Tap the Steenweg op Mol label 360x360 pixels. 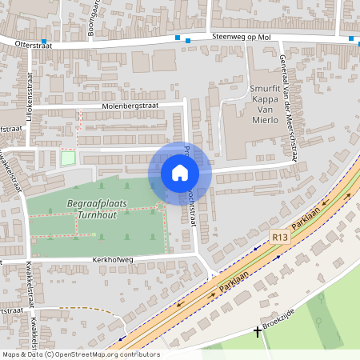242,37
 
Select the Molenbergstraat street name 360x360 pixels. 130,106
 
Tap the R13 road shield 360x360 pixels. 279,237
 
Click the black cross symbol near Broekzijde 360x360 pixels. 258,330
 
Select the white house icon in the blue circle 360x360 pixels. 179,172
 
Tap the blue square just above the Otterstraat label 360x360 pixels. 43,42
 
